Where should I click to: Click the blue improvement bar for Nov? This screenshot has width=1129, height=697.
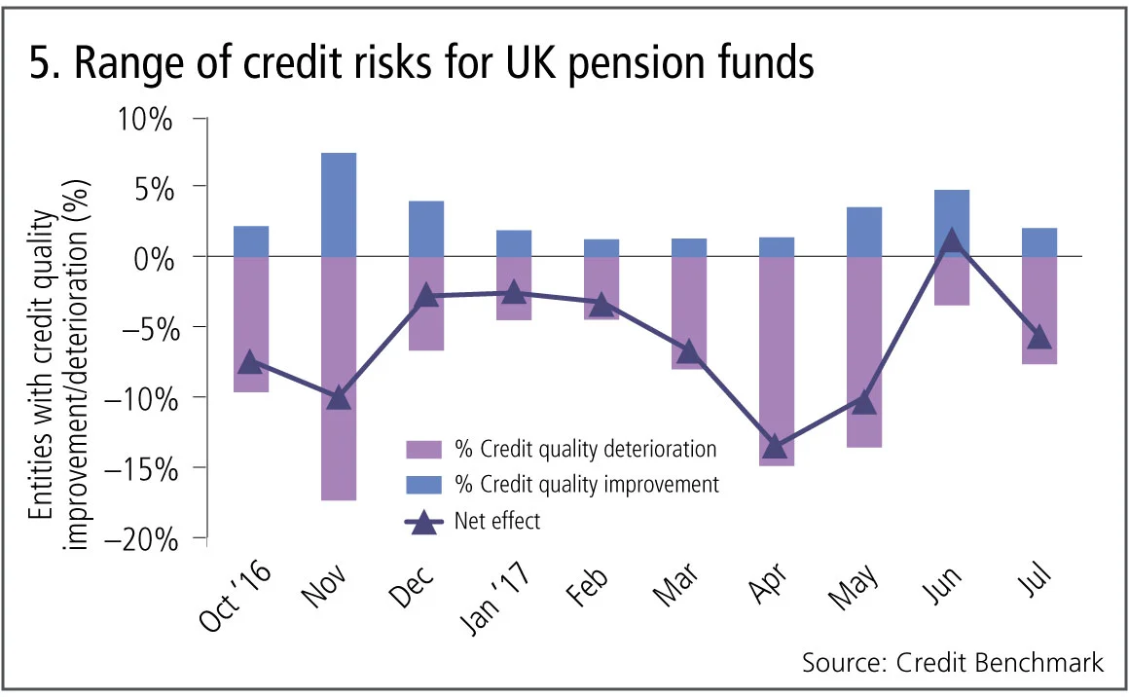pyautogui.click(x=339, y=204)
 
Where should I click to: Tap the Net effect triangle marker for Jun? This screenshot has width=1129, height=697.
pyautogui.click(x=952, y=241)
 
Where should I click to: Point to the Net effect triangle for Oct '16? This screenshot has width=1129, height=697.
pyautogui.click(x=251, y=361)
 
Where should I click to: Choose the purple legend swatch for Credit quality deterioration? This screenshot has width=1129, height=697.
pyautogui.click(x=423, y=450)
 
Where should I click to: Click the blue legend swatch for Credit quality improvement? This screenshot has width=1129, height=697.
pyautogui.click(x=423, y=485)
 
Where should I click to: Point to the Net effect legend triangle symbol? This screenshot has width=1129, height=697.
pyautogui.click(x=423, y=522)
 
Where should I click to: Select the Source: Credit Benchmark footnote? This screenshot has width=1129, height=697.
pyautogui.click(x=953, y=663)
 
